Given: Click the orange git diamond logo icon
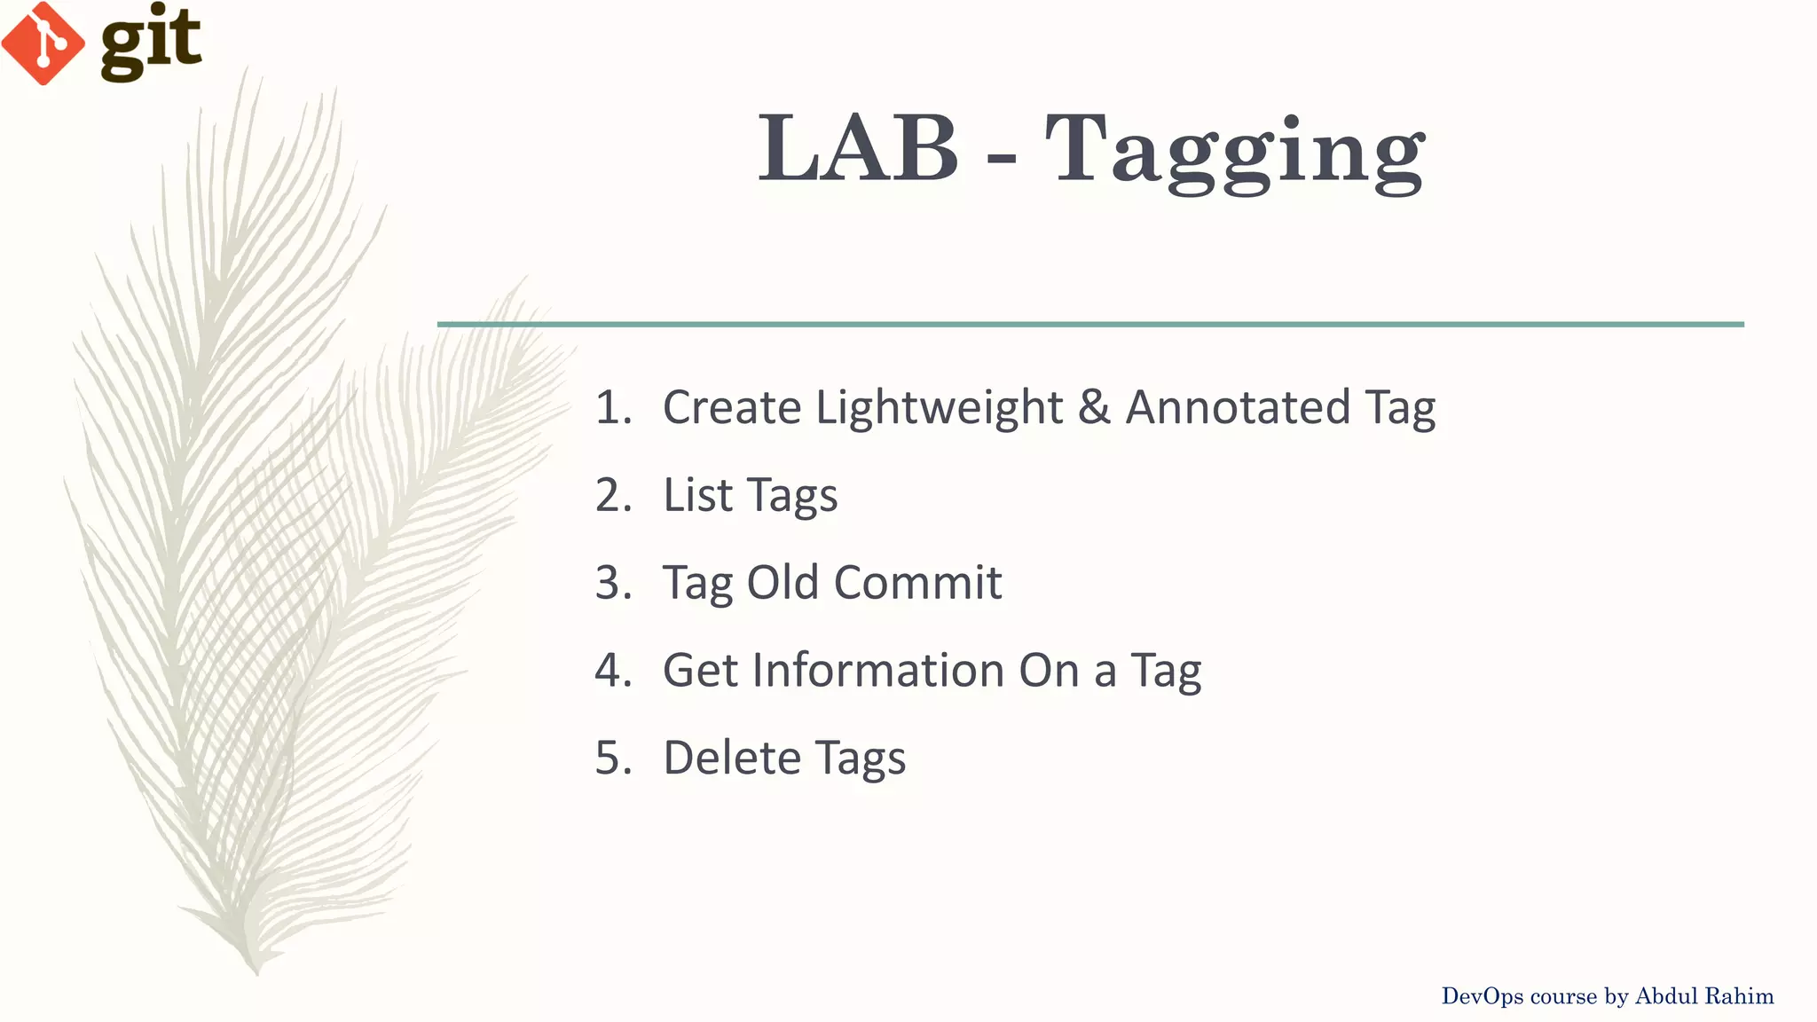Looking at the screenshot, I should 43,43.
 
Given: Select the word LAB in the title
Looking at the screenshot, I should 857,149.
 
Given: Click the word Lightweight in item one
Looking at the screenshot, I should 939,408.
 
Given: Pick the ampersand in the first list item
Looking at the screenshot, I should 1095,407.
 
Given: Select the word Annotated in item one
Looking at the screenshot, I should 1238,407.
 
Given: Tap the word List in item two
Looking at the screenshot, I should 698,494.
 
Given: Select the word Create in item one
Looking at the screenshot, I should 732,407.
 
